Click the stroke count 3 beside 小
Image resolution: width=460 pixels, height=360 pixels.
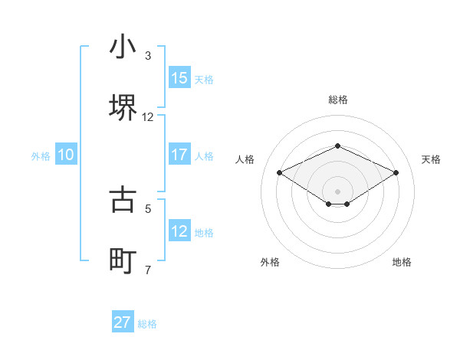pyautogui.click(x=148, y=56)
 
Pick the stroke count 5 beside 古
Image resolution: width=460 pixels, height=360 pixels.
pyautogui.click(x=148, y=208)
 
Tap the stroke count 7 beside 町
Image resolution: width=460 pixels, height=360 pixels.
pyautogui.click(x=148, y=270)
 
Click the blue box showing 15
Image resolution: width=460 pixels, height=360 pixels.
pyautogui.click(x=179, y=78)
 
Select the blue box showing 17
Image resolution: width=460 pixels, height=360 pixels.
pyautogui.click(x=179, y=155)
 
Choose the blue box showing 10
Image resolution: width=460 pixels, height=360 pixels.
pyautogui.click(x=66, y=155)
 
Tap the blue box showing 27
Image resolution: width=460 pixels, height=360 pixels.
pyautogui.click(x=123, y=322)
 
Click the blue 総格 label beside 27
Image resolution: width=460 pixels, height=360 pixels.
pyautogui.click(x=147, y=324)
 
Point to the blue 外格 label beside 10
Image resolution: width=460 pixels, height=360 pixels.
pyautogui.click(x=41, y=156)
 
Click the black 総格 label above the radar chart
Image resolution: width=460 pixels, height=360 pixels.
pyautogui.click(x=338, y=100)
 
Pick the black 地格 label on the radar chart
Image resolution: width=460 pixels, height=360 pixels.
pyautogui.click(x=402, y=262)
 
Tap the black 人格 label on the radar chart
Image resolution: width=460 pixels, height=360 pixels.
pyautogui.click(x=245, y=159)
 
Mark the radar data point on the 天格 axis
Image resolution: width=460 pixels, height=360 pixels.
pyautogui.click(x=396, y=172)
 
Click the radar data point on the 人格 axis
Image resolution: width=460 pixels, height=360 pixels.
pyautogui.click(x=280, y=172)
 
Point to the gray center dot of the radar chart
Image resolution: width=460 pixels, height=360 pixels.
pyautogui.click(x=338, y=191)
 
